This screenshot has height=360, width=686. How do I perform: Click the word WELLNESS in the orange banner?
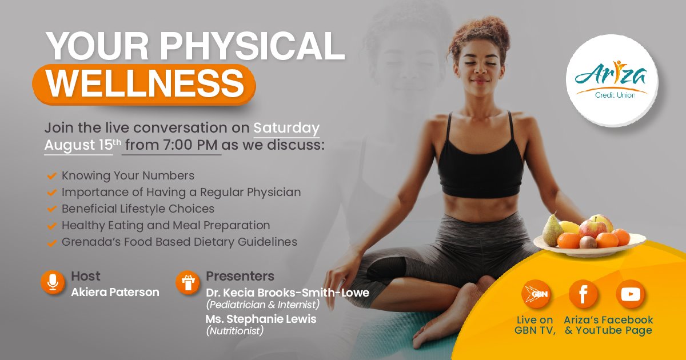[x=145, y=83]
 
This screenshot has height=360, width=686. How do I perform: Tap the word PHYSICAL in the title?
[x=252, y=46]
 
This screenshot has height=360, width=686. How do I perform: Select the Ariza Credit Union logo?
[x=612, y=80]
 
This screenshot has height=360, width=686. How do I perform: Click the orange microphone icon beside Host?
[x=53, y=282]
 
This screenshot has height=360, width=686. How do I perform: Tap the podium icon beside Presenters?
[x=188, y=282]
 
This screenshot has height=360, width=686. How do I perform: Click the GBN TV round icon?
[x=536, y=294]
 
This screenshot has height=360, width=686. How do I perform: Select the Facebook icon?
[x=583, y=294]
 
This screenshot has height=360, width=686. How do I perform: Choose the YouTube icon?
[x=630, y=294]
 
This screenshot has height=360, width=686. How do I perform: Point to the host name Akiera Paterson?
[x=115, y=293]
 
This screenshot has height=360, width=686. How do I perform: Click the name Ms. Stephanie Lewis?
[x=261, y=319]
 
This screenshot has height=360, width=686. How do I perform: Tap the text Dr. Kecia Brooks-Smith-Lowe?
[x=288, y=293]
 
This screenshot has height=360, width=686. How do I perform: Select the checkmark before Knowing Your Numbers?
[x=52, y=176]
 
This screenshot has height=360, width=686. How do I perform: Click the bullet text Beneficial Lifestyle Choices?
[x=138, y=209]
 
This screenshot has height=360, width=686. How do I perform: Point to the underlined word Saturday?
[x=286, y=128]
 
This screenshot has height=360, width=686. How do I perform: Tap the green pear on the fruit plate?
[x=553, y=230]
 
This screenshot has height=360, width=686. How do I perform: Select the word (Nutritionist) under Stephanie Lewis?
[x=234, y=331]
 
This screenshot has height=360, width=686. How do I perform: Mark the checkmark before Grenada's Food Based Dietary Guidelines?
[x=52, y=242]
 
